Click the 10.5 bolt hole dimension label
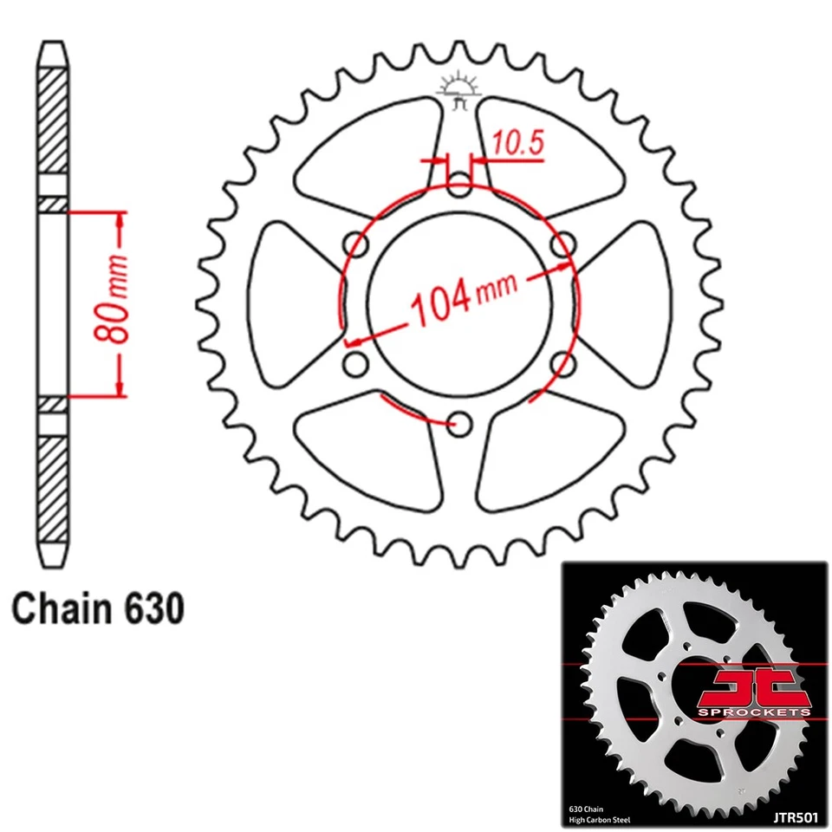click(518, 142)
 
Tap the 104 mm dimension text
click(463, 299)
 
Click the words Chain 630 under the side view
click(98, 608)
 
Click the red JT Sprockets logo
click(754, 692)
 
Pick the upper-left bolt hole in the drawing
click(355, 244)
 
